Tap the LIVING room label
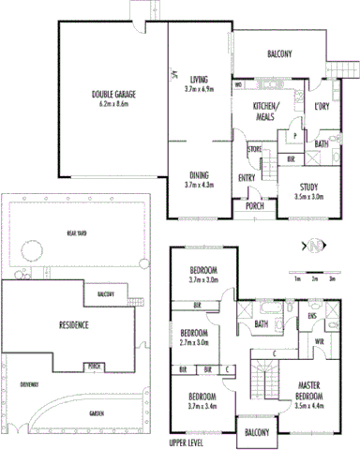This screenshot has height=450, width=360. pyautogui.click(x=199, y=80)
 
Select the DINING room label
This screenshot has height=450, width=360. pyautogui.click(x=198, y=175)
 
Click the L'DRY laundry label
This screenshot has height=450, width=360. pyautogui.click(x=322, y=106)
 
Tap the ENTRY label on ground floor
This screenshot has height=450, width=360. pyautogui.click(x=248, y=178)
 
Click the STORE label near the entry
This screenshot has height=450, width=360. pyautogui.click(x=254, y=148)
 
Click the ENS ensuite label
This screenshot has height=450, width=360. pyautogui.click(x=310, y=317)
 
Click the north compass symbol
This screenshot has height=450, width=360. pyautogui.click(x=314, y=247)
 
